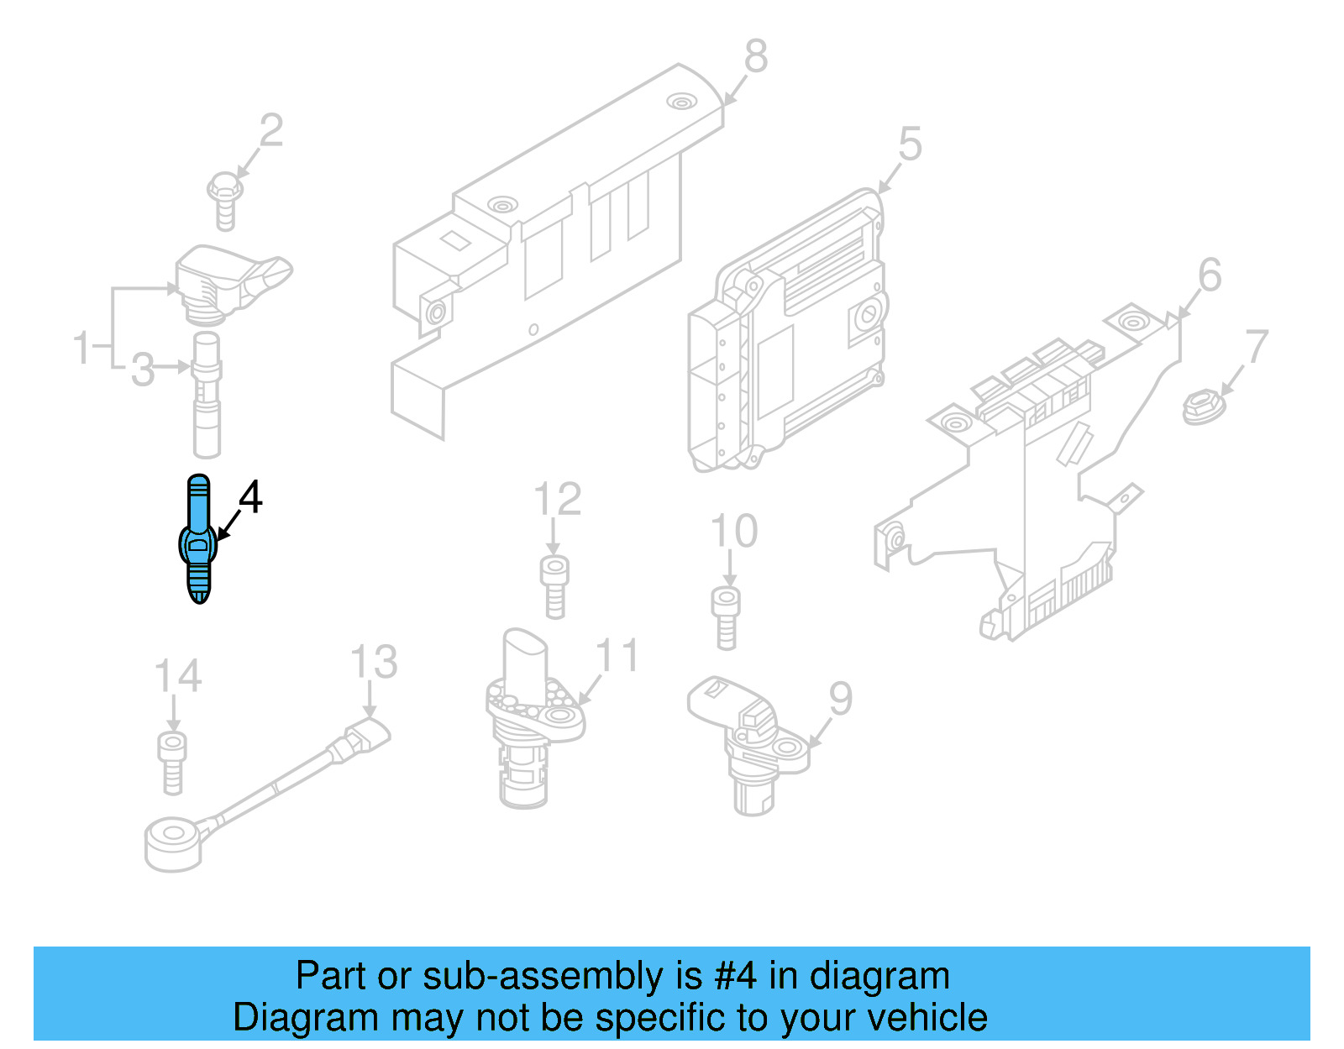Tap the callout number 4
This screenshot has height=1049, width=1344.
[x=250, y=497]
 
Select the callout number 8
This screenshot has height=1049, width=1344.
[x=755, y=57]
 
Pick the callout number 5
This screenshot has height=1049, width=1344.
[x=910, y=144]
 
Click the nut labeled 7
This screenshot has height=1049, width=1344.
[x=1203, y=407]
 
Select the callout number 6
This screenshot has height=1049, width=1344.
[x=1210, y=275]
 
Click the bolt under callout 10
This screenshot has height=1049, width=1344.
[x=727, y=617]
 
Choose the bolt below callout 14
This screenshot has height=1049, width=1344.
[x=172, y=762]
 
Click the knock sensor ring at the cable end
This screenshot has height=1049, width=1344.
[x=174, y=843]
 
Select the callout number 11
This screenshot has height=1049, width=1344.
[x=617, y=656]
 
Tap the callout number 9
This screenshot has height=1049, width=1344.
[x=840, y=699]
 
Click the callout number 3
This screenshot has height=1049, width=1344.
[x=143, y=370]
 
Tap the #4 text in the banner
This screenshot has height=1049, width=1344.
[x=736, y=976]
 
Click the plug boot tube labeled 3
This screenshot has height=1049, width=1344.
[x=207, y=395]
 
